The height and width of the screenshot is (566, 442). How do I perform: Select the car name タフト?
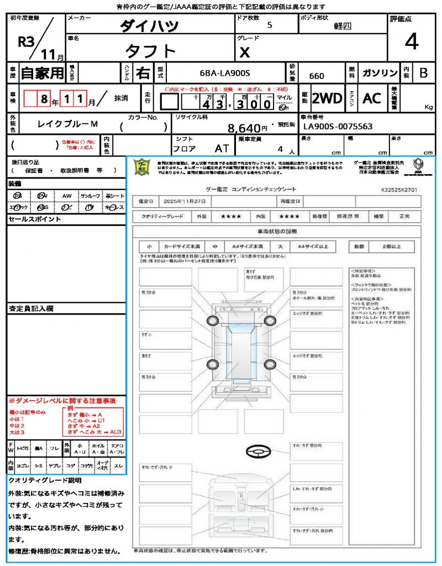[x=150, y=51]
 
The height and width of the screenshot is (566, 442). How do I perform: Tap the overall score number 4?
[x=411, y=42]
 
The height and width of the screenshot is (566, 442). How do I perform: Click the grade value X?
[x=244, y=52]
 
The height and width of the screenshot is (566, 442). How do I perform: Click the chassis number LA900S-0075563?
[x=338, y=127]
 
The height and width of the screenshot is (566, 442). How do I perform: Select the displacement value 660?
[x=317, y=76]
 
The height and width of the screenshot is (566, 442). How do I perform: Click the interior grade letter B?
[x=423, y=73]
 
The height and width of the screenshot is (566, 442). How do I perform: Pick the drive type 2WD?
[x=327, y=98]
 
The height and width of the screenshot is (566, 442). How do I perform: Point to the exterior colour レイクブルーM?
[x=67, y=124]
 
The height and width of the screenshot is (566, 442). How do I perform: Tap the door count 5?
[x=269, y=25]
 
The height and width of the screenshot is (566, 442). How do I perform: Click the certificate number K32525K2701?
[x=399, y=190]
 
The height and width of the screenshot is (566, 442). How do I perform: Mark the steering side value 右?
[x=143, y=73]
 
